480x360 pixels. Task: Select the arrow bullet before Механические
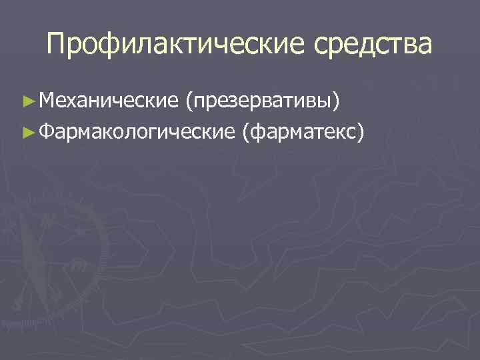point(27,102)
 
